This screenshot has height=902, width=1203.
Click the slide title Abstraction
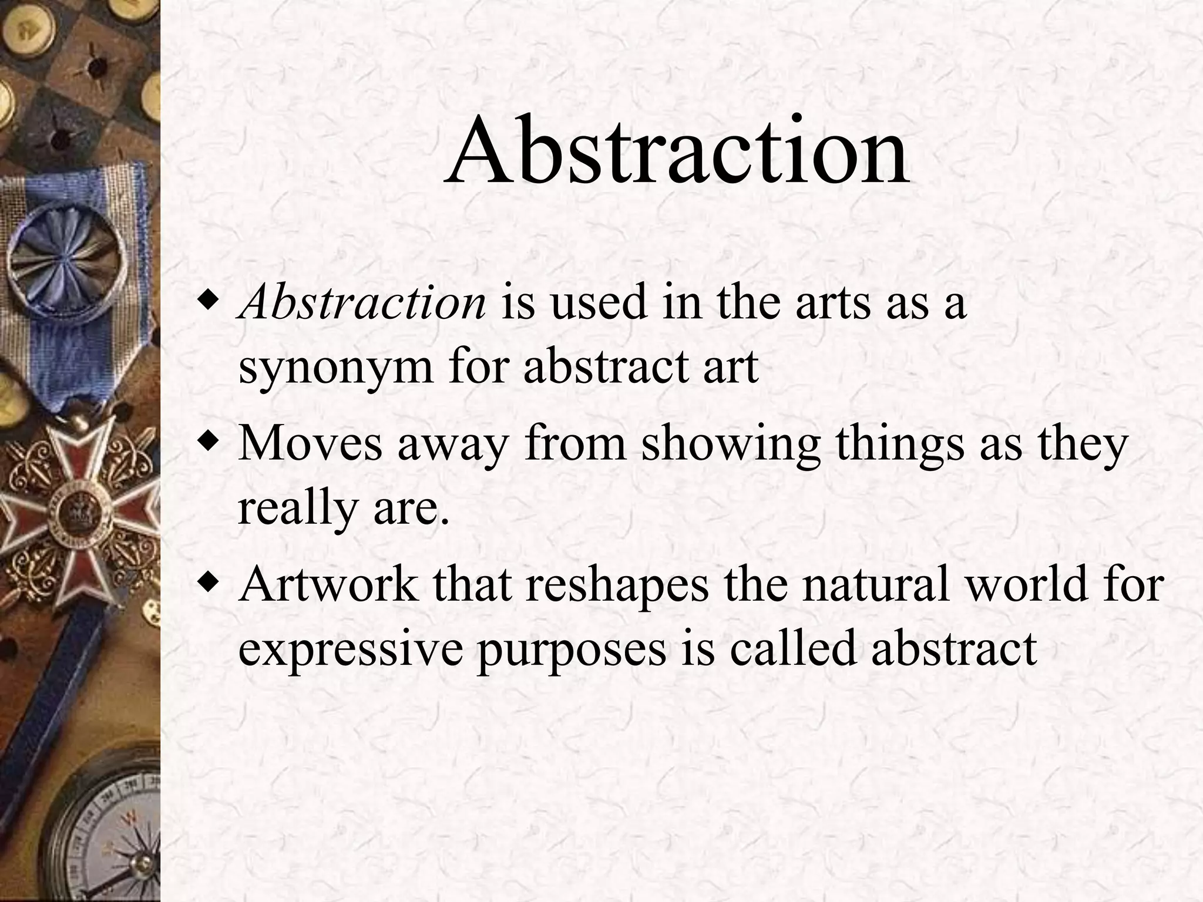click(x=677, y=152)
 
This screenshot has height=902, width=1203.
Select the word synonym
click(x=335, y=369)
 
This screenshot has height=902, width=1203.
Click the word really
click(x=297, y=509)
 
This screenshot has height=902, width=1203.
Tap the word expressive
click(x=350, y=651)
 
